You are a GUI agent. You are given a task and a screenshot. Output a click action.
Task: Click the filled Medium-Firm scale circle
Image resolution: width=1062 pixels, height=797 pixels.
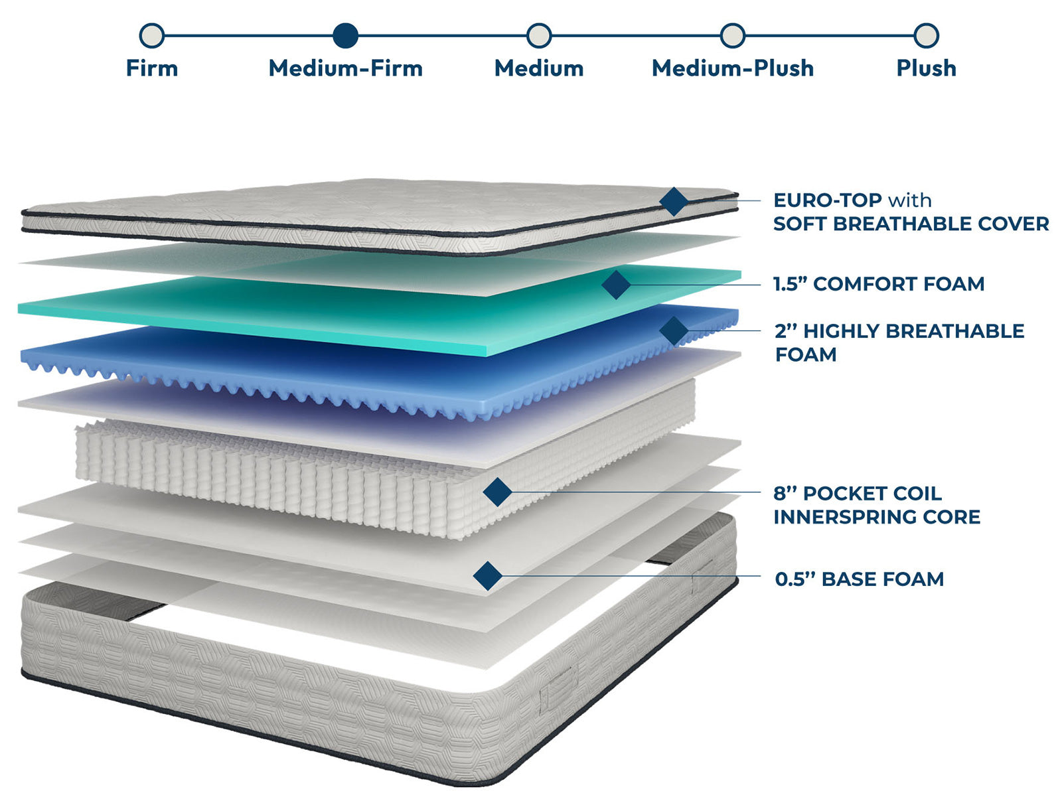345,36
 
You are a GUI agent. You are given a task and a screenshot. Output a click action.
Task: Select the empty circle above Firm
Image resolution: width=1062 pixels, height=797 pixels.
152,36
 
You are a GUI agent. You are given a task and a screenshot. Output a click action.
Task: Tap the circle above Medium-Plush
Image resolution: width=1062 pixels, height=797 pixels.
732,36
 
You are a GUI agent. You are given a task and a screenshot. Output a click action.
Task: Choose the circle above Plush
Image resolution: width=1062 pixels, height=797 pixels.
926,36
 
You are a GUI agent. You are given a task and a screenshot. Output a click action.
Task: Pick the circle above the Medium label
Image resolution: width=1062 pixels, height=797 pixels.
539,36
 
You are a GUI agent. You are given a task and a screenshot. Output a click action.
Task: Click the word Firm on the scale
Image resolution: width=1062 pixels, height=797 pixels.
152,68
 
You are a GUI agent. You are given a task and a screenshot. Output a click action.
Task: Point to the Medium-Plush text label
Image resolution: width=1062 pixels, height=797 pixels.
732,68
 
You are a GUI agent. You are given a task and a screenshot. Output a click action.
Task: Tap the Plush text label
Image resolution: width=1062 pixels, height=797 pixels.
926,68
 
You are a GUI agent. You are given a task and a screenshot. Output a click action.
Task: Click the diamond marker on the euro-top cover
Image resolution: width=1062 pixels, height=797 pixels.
674,201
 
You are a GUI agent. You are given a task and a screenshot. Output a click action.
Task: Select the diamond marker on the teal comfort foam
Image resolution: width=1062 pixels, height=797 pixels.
616,285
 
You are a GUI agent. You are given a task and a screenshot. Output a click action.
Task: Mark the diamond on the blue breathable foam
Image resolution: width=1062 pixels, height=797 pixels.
674,330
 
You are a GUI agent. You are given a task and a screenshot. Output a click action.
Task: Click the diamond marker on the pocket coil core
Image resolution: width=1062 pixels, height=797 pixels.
497,492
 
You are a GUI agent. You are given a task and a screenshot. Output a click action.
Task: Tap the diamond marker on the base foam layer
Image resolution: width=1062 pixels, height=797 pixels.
488,575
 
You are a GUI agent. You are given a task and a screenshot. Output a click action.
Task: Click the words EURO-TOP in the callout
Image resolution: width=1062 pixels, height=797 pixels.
827,200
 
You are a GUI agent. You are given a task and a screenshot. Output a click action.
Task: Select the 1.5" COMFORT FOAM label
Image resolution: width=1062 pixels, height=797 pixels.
878,284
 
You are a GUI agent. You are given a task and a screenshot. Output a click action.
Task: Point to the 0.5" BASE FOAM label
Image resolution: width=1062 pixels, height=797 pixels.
859,579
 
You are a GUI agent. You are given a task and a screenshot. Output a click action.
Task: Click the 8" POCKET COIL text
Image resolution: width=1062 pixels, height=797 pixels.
857,494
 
